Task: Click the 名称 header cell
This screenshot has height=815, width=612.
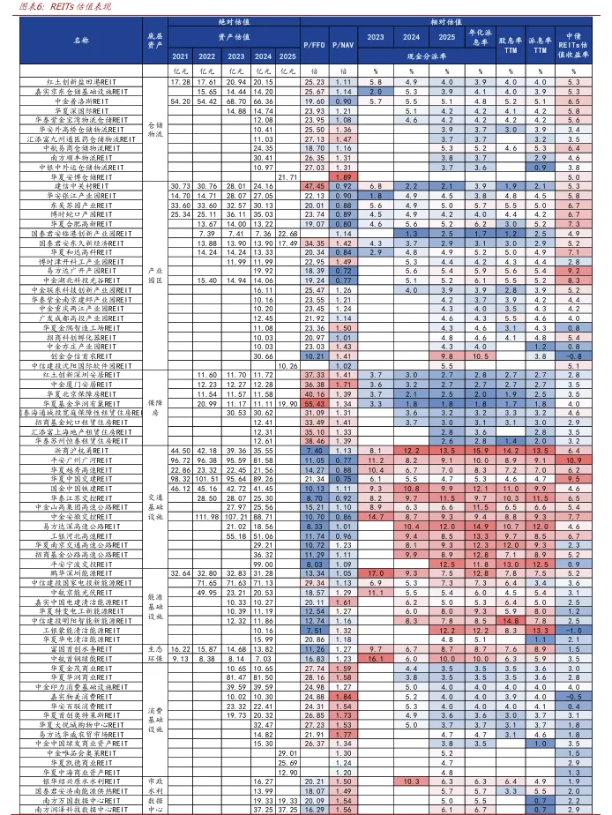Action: tap(81, 40)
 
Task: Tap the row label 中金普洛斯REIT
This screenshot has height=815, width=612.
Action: tap(81, 101)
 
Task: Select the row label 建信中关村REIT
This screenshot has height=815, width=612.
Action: tap(81, 186)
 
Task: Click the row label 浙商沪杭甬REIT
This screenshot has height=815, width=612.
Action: tap(81, 450)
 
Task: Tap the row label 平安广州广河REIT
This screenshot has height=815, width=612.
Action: tap(81, 460)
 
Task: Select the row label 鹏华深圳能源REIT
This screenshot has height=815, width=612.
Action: tap(81, 573)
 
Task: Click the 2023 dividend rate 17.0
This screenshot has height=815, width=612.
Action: tap(375, 573)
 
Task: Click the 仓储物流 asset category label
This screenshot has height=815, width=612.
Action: tap(155, 130)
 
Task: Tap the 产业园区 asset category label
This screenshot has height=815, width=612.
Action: tap(155, 275)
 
